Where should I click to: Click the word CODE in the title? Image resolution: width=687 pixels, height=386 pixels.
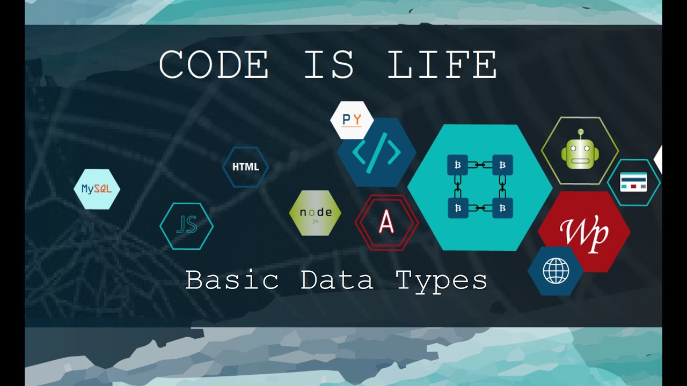point(214,65)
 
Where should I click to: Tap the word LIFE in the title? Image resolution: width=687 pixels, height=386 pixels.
point(442,65)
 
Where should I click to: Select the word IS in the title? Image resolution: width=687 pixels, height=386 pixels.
point(329,65)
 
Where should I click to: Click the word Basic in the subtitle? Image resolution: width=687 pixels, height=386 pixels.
point(232,280)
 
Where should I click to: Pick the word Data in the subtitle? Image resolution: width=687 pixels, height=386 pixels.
point(337,280)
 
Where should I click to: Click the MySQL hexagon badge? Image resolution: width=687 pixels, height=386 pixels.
point(97,189)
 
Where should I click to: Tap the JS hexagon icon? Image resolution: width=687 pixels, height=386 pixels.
point(187,226)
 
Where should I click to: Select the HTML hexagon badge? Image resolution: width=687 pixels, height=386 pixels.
point(245,167)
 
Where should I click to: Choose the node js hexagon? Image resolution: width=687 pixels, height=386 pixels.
point(315,213)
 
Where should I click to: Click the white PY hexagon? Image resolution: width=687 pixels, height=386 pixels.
point(352,120)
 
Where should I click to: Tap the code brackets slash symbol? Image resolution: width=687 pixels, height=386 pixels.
point(376,152)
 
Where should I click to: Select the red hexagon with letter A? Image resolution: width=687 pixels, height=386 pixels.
point(386,222)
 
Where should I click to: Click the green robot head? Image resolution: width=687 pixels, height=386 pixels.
point(579,154)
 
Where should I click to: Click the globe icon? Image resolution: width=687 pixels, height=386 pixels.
point(556,271)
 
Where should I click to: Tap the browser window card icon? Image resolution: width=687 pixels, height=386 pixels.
point(633,182)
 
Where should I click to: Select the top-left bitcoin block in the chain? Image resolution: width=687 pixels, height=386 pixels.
point(457,165)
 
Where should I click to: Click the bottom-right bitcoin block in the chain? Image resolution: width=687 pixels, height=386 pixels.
point(503,207)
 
